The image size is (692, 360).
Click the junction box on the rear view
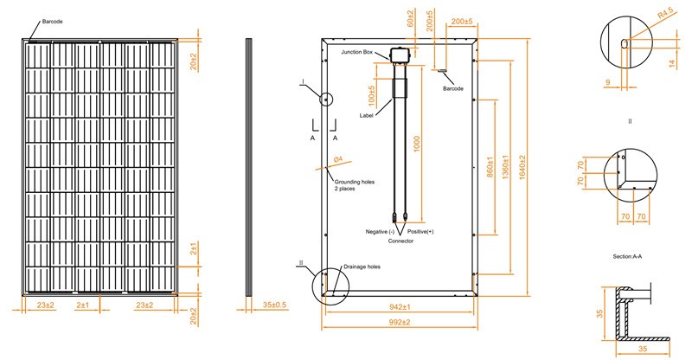(400, 54)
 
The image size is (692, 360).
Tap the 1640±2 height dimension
(522, 167)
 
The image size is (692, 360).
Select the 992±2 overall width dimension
(400, 322)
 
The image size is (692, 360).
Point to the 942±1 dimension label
(400, 306)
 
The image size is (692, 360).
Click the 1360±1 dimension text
(506, 167)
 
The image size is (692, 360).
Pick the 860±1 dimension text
(490, 167)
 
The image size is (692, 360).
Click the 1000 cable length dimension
(417, 144)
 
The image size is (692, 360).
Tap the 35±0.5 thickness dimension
(274, 305)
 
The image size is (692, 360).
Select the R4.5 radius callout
(665, 15)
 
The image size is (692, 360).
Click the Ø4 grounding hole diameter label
(338, 159)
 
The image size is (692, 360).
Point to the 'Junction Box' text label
(356, 52)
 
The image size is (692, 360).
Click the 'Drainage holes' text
(362, 267)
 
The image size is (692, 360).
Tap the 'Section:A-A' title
(627, 256)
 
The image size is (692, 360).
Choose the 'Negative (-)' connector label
(380, 232)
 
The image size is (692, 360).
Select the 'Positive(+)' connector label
(420, 232)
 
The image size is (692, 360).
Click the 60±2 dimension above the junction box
(410, 18)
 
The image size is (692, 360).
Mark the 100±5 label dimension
(372, 96)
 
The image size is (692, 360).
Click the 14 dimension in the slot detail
(672, 64)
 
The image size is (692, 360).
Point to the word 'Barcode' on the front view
(53, 22)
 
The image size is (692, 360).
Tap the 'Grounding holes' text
(355, 182)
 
